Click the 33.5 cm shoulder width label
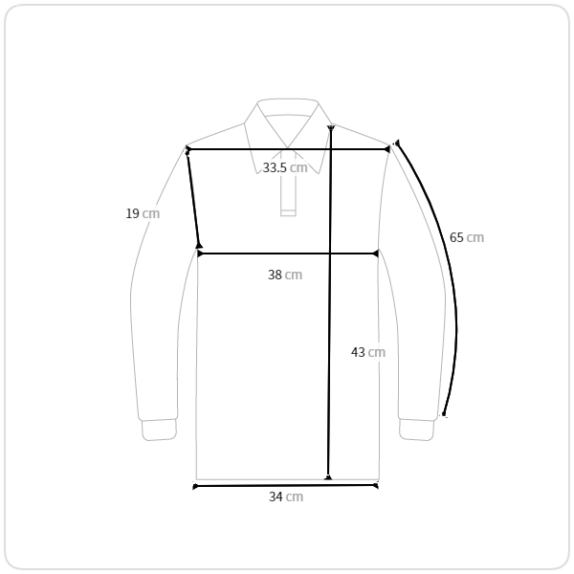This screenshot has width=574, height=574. (x=285, y=167)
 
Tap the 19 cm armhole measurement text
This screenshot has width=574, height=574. (x=143, y=213)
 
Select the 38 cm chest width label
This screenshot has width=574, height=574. (x=285, y=275)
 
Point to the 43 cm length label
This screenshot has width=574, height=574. (x=368, y=352)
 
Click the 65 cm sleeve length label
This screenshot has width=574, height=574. (x=467, y=237)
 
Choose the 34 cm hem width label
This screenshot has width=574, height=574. (x=286, y=497)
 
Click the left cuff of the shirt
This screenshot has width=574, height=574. (x=159, y=430)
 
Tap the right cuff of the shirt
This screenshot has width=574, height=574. (x=416, y=430)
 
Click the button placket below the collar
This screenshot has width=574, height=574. (x=288, y=184)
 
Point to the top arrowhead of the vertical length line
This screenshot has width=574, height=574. (x=331, y=128)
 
